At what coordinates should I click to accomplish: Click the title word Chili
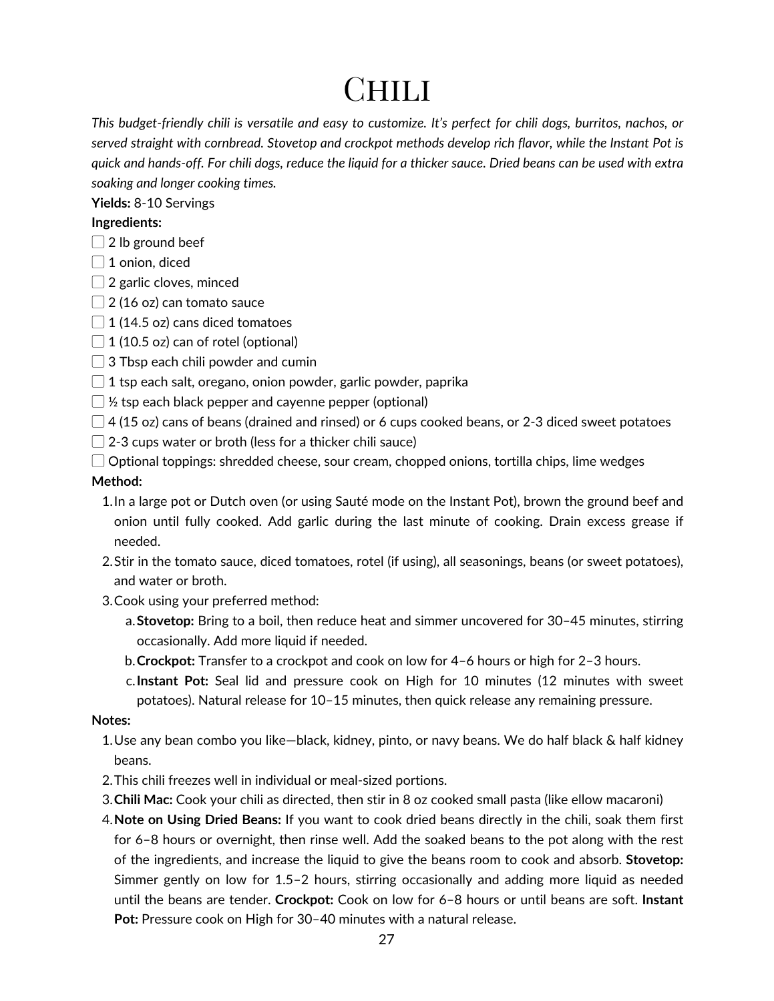pos(387,90)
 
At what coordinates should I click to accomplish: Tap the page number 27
pos(387,940)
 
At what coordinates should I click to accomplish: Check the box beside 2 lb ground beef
pos(98,242)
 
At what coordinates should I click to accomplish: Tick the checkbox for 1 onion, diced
pos(98,262)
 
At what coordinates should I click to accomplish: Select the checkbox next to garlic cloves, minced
pos(98,282)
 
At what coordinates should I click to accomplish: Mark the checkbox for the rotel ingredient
pos(98,342)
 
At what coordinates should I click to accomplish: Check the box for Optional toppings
pos(98,461)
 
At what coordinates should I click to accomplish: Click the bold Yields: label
pos(111,203)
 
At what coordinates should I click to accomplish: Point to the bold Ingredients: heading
pos(127,222)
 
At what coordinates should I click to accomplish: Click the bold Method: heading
pos(117,481)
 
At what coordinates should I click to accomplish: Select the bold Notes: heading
pos(111,720)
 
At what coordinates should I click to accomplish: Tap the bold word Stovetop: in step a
pos(166,621)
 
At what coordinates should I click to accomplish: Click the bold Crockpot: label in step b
pos(166,661)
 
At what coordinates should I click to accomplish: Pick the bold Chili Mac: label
pos(144,799)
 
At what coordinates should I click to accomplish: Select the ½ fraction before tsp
pos(112,402)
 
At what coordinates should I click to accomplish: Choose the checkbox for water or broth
pos(98,442)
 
